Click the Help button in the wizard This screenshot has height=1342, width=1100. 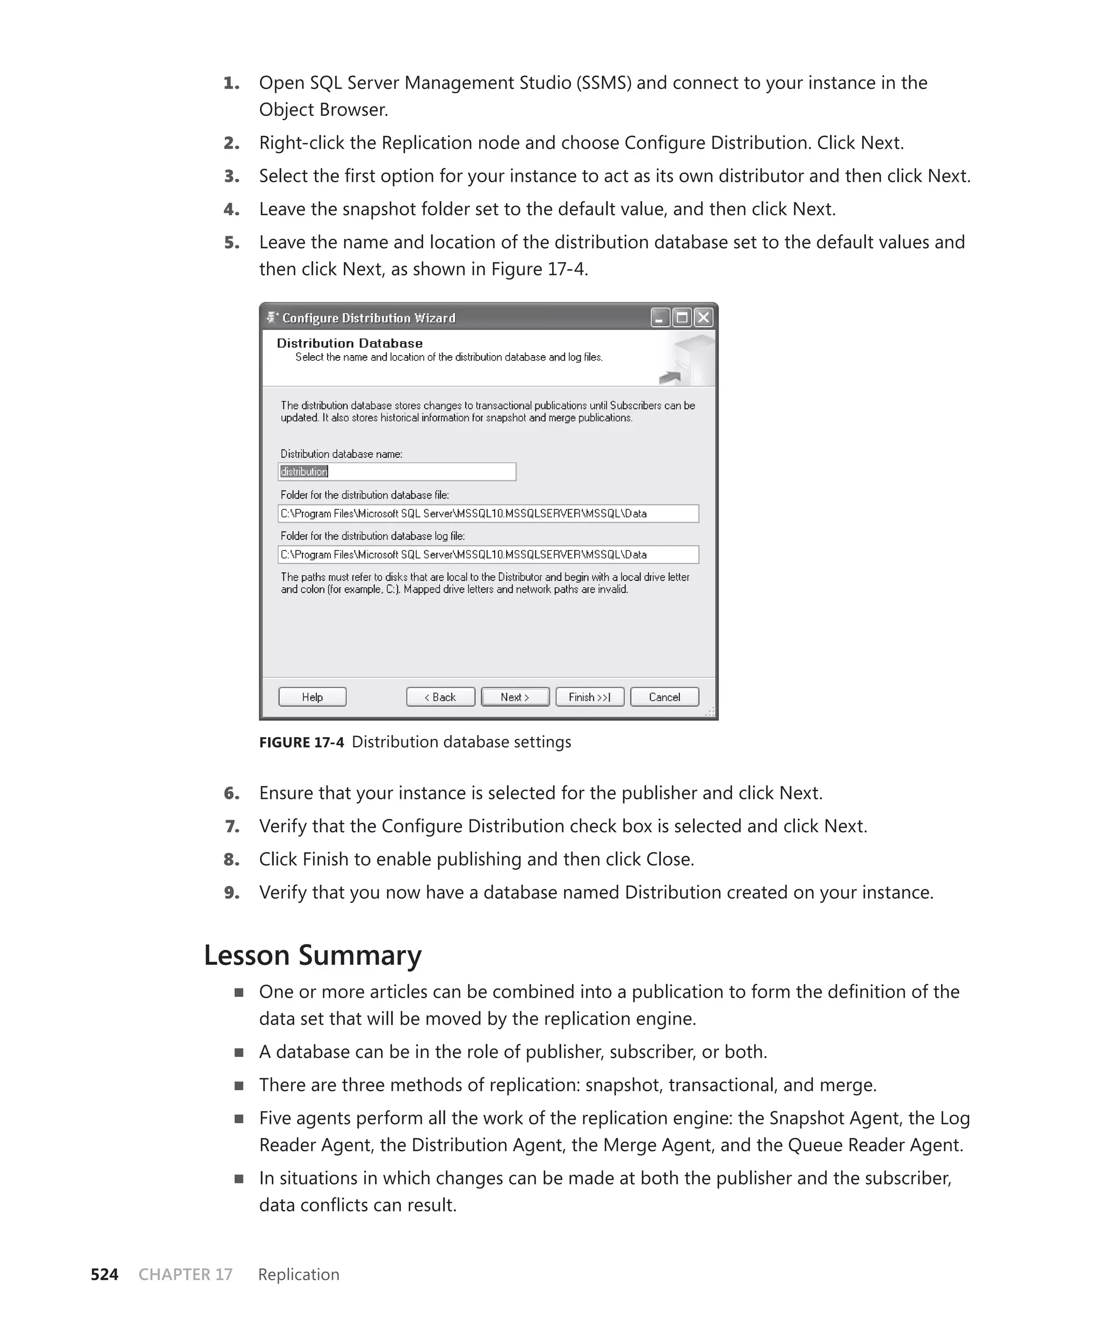pyautogui.click(x=313, y=697)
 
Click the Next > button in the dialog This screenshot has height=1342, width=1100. pyautogui.click(x=515, y=697)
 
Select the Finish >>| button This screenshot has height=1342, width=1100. pyautogui.click(x=589, y=697)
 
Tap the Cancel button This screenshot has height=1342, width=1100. pyautogui.click(x=664, y=697)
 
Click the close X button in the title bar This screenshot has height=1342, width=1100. pyautogui.click(x=703, y=318)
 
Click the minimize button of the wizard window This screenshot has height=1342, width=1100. pyautogui.click(x=660, y=318)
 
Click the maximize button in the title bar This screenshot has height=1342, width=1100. pyautogui.click(x=682, y=318)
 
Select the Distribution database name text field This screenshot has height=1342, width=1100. pyautogui.click(x=397, y=471)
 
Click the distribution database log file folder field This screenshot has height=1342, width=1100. pyautogui.click(x=488, y=554)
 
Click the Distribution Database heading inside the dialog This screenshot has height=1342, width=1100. pyautogui.click(x=350, y=343)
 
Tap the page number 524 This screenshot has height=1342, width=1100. pyautogui.click(x=105, y=1274)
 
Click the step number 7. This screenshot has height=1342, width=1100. pyautogui.click(x=232, y=826)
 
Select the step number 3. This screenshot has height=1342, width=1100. pyautogui.click(x=232, y=176)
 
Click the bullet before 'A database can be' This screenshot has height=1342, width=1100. pyautogui.click(x=239, y=1052)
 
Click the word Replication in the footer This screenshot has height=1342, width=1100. pyautogui.click(x=299, y=1274)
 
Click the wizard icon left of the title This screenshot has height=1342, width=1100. pyautogui.click(x=272, y=318)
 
